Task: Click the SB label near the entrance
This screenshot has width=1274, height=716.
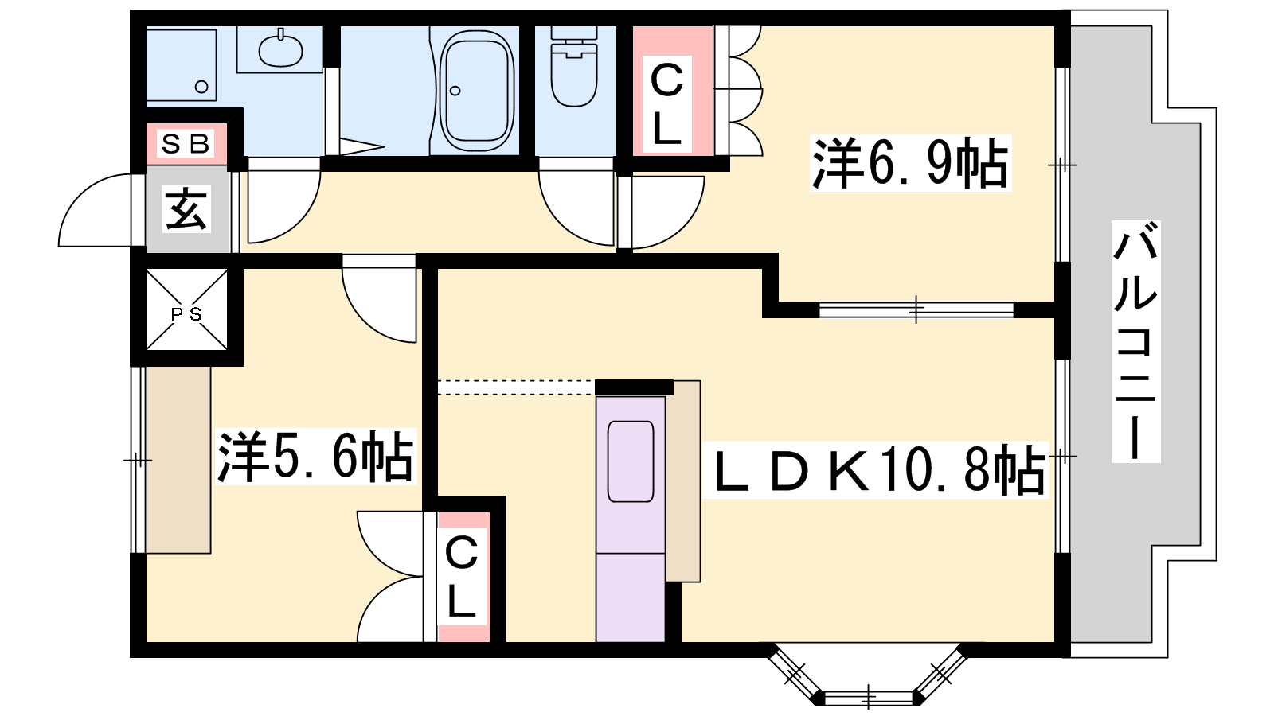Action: pyautogui.click(x=186, y=144)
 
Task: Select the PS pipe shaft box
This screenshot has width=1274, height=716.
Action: pyautogui.click(x=186, y=309)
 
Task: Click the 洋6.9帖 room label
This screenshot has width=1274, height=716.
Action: pyautogui.click(x=910, y=163)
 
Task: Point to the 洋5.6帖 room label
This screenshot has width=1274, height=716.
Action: pyautogui.click(x=315, y=457)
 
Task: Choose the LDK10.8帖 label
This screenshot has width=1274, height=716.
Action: pyautogui.click(x=875, y=470)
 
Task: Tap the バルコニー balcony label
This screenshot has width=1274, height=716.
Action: pyautogui.click(x=1135, y=341)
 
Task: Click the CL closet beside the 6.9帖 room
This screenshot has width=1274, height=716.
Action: pyautogui.click(x=666, y=104)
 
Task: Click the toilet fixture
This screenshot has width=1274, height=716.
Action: pyautogui.click(x=574, y=67)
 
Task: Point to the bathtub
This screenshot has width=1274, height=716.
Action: pyautogui.click(x=477, y=91)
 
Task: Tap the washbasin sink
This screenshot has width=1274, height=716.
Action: pyautogui.click(x=280, y=50)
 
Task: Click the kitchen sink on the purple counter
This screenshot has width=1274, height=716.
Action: pyautogui.click(x=630, y=461)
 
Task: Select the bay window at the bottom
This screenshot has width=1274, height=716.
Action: pyautogui.click(x=868, y=679)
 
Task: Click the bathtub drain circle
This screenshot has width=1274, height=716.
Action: pyautogui.click(x=455, y=91)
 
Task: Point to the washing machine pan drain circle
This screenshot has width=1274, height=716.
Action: pyautogui.click(x=201, y=87)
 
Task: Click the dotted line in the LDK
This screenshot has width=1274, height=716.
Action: pyautogui.click(x=516, y=387)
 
